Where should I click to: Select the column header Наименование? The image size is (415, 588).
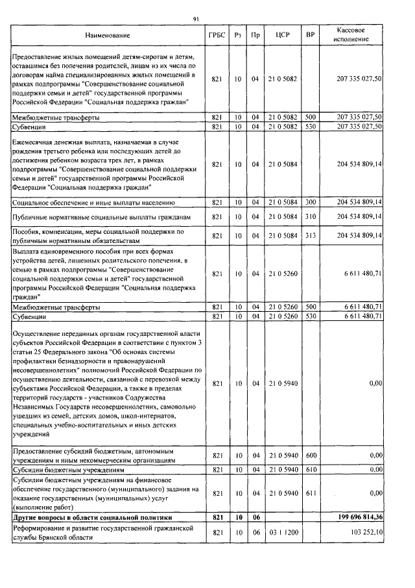(x=107, y=35)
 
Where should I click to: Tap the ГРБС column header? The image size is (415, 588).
(x=217, y=35)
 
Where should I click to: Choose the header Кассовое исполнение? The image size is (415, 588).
(x=353, y=35)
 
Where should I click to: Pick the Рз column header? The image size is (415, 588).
(x=237, y=35)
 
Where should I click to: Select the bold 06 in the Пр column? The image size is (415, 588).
(x=256, y=517)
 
